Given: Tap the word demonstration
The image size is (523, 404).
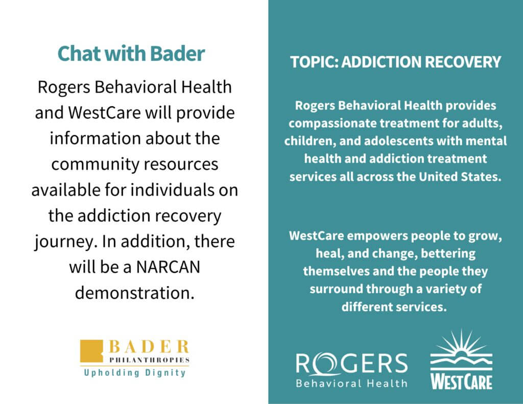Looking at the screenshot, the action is [x=134, y=293].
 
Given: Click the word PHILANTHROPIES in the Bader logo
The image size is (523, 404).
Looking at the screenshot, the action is [x=150, y=360].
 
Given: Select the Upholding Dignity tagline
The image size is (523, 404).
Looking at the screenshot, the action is [x=135, y=373].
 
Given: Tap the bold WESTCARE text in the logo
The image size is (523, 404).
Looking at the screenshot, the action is [x=461, y=382].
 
